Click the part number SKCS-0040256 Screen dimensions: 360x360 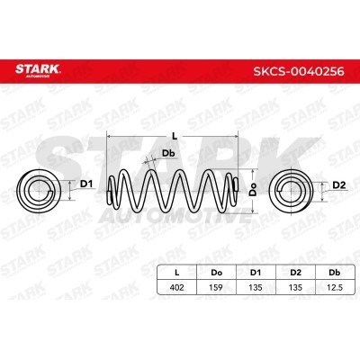pyautogui.click(x=299, y=71)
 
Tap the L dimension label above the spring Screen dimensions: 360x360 pyautogui.click(x=175, y=137)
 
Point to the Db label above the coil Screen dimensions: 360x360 pyautogui.click(x=168, y=154)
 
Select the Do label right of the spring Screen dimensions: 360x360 pyautogui.click(x=254, y=189)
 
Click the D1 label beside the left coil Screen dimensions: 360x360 pyautogui.click(x=86, y=184)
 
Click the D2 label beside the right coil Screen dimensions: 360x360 pyautogui.click(x=339, y=185)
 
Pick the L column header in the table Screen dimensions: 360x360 pyautogui.click(x=177, y=273)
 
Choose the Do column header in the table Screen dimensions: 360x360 pyautogui.click(x=216, y=273)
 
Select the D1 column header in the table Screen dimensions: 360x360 pyautogui.click(x=256, y=273)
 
